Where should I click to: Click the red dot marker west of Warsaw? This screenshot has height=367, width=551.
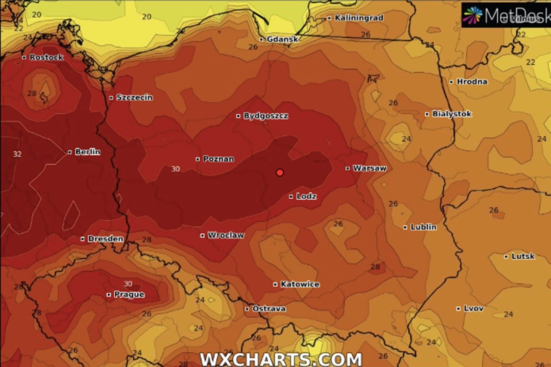tap(280, 172)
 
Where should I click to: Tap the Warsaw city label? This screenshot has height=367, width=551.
tap(370, 168)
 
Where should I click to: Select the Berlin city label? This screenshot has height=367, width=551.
tap(87, 152)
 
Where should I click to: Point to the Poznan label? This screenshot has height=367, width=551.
tap(218, 159)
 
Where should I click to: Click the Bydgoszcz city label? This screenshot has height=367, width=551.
tap(266, 116)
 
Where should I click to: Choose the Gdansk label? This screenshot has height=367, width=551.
tap(282, 39)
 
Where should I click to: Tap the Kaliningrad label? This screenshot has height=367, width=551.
tap(359, 18)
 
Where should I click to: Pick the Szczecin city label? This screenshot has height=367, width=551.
tap(134, 97)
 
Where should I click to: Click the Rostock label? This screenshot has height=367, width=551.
tap(46, 57)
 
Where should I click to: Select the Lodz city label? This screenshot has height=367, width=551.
tap(306, 196)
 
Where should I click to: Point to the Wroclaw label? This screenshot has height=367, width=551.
tap(225, 235)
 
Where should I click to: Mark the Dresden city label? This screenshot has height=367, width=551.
tap(105, 239)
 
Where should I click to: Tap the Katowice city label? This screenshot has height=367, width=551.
tap(300, 284)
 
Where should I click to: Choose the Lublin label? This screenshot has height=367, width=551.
tap(423, 227)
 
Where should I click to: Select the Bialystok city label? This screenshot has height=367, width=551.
tap(451, 114)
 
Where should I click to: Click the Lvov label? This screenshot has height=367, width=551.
tap(473, 309)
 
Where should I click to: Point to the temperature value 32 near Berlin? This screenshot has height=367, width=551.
tap(17, 154)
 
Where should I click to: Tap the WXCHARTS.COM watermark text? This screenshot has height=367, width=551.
tap(281, 359)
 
